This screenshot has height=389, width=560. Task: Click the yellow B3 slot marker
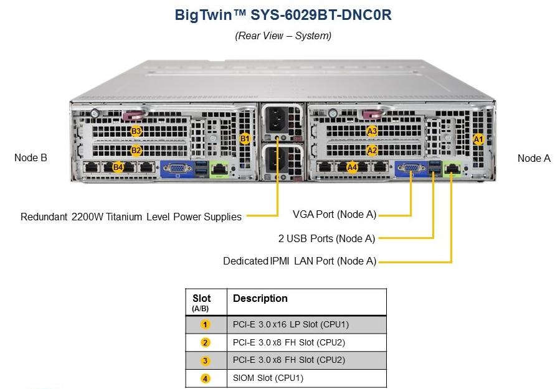[136, 131]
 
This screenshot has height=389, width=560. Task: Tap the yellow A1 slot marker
[478, 139]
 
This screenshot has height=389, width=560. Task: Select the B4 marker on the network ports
[118, 167]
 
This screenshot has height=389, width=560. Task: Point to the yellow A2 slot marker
[372, 150]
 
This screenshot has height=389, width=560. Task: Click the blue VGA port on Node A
[411, 168]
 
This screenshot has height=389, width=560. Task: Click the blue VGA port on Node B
[177, 169]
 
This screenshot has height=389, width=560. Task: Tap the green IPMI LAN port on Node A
[452, 168]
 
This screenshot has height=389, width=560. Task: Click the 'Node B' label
[31, 157]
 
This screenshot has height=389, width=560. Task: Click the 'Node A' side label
[534, 159]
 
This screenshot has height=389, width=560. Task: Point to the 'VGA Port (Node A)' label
[335, 214]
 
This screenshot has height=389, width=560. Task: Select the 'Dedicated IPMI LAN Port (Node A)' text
[300, 261]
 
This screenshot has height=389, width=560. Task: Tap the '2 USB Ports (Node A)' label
[326, 238]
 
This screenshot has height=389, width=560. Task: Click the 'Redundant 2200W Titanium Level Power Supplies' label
[131, 217]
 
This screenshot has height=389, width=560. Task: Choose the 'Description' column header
[260, 298]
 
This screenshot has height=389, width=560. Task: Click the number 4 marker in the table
[205, 378]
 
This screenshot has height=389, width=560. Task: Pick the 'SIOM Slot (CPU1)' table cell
[268, 378]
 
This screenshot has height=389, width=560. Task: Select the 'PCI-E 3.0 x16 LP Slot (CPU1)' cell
[291, 324]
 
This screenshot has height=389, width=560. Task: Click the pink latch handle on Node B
[133, 115]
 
